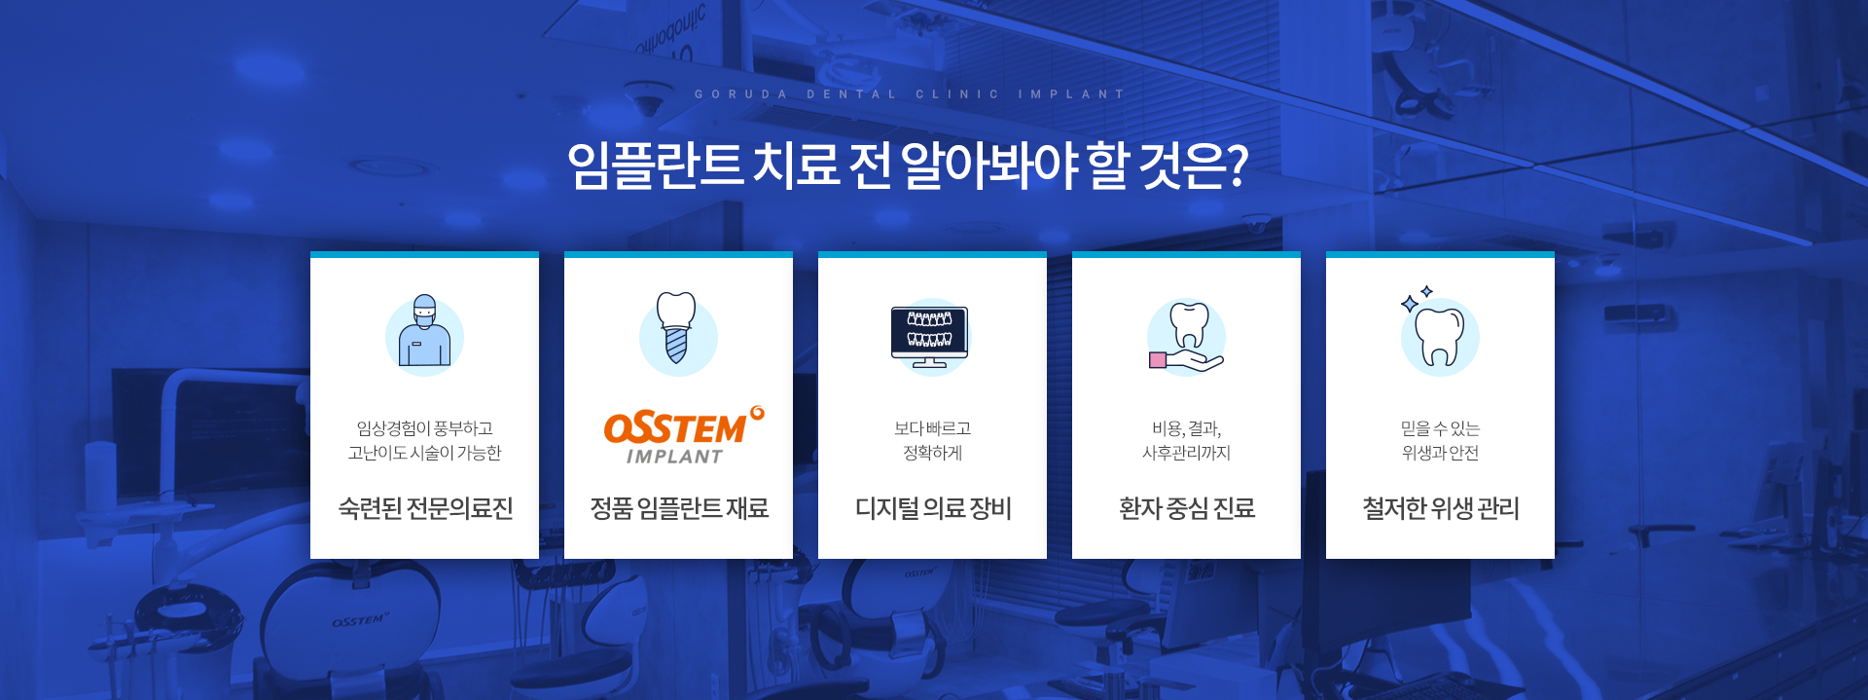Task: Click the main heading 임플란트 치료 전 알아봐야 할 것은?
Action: click(908, 166)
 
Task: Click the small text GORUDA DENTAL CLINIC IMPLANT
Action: click(910, 94)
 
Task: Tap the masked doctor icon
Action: click(424, 331)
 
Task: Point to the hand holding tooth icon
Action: click(1186, 337)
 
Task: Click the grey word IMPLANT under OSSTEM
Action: click(674, 457)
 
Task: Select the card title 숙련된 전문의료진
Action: click(425, 508)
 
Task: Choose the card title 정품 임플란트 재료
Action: click(679, 508)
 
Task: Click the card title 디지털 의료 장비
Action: click(933, 508)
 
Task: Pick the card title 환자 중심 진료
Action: click(1187, 508)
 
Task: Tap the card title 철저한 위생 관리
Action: click(1440, 508)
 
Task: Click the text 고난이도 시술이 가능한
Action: click(424, 453)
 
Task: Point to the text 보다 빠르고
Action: click(932, 428)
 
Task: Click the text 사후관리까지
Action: click(1186, 453)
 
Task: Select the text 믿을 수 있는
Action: click(1440, 428)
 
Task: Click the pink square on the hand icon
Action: click(1158, 360)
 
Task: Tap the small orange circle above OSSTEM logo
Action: click(758, 413)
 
